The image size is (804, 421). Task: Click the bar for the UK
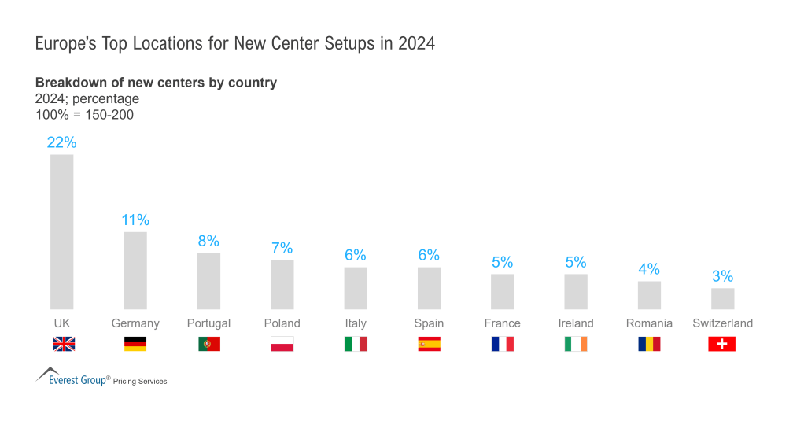coord(62,231)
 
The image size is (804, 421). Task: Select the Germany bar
coord(135,270)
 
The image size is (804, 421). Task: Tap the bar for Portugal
coord(208,281)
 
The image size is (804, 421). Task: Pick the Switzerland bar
coord(722,298)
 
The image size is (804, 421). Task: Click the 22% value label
coord(62,142)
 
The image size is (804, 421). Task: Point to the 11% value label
coord(135,220)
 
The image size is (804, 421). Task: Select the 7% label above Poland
coord(282,248)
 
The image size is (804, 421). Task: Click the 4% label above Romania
coord(649,269)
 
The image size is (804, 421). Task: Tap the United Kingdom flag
coord(63,344)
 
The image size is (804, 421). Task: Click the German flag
coord(135,344)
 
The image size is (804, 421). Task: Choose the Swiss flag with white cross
coord(722,344)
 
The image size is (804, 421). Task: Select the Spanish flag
coord(429,344)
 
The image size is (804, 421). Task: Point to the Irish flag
coord(576,344)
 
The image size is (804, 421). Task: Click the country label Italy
coord(356,323)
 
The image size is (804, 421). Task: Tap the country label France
coord(502,323)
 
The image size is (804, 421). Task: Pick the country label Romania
coord(649,323)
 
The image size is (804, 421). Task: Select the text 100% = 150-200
coord(84,115)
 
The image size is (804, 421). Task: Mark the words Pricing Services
coord(140,382)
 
